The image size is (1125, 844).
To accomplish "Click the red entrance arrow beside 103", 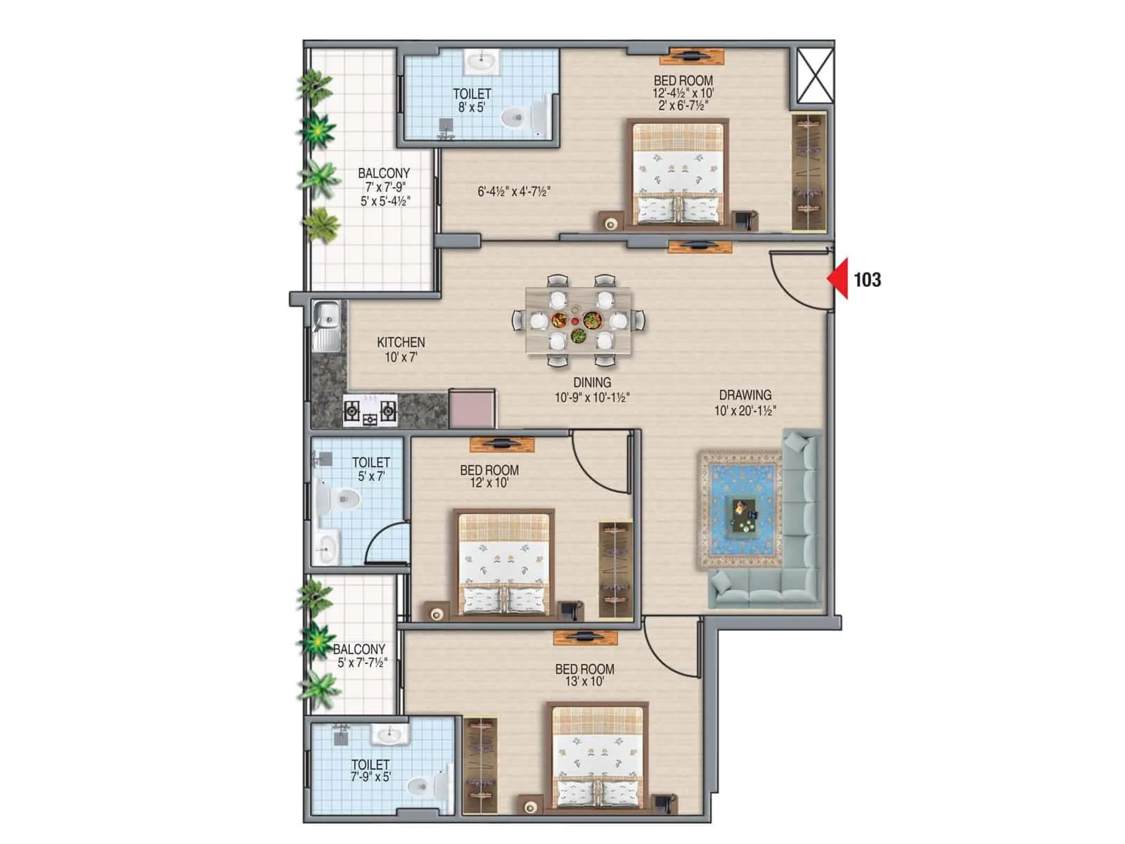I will (x=838, y=279).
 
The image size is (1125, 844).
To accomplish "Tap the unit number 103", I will (x=867, y=280).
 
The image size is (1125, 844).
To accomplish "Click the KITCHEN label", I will (x=401, y=343).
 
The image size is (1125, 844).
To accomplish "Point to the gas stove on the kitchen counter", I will (x=370, y=411).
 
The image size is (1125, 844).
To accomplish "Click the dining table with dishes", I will (x=578, y=320).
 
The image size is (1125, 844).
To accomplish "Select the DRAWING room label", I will (x=745, y=395).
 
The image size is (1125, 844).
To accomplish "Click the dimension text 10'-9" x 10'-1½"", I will (x=591, y=398).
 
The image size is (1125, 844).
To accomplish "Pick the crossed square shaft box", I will (x=815, y=75).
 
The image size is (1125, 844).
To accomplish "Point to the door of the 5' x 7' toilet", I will (x=385, y=545).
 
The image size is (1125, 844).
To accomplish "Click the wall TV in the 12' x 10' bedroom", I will (x=502, y=444).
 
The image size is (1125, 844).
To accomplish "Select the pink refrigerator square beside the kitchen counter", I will (x=472, y=409).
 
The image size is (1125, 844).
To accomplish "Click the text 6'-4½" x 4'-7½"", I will (x=514, y=191).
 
